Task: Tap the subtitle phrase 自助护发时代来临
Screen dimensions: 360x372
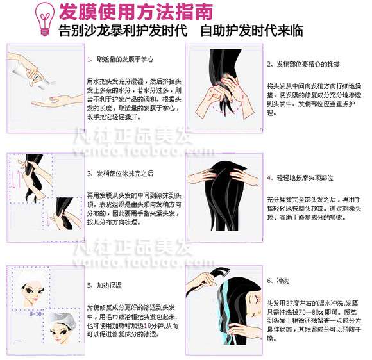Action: tap(251, 31)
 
